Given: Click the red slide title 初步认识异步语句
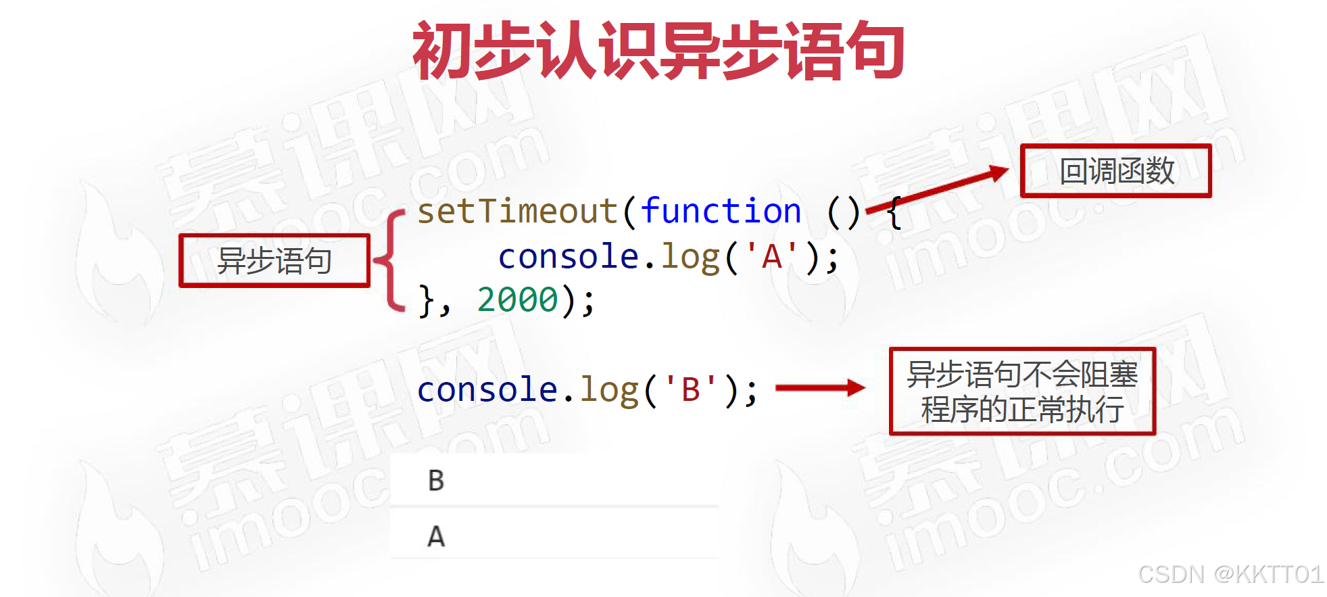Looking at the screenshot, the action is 658,51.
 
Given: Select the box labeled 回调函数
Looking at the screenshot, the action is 1115,171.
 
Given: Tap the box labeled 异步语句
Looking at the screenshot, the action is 274,261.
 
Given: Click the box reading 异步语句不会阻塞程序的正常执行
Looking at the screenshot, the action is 1022,391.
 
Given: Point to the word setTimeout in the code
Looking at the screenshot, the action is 517,211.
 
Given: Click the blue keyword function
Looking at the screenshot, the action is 721,211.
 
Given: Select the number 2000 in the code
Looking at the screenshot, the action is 518,300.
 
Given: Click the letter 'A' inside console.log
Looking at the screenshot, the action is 772,257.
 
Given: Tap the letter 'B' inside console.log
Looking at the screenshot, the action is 690,389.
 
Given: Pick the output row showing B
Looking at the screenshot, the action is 554,480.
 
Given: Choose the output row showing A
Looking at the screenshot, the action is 554,535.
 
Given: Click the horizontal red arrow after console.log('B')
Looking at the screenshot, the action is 820,387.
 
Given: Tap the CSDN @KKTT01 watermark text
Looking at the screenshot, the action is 1230,574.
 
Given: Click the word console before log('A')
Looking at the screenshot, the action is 568,257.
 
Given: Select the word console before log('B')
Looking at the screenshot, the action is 487,389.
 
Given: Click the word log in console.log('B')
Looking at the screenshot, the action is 609,391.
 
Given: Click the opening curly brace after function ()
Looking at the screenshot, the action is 894,212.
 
